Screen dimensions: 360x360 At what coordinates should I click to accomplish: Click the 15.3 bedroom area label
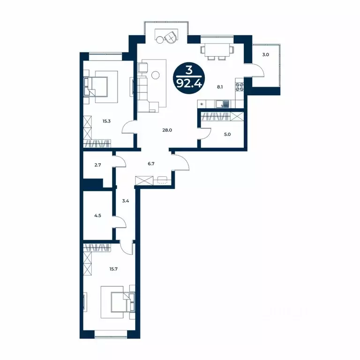tap(106, 121)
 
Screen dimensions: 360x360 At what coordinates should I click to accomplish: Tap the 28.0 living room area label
tap(167, 130)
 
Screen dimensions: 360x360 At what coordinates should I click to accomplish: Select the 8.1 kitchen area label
tap(220, 87)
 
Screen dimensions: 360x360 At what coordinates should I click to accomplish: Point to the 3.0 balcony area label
tap(266, 55)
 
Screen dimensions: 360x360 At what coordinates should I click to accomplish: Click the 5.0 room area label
tap(227, 135)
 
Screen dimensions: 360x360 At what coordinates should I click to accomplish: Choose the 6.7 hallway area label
tap(151, 164)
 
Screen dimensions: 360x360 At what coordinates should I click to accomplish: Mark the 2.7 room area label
tap(98, 165)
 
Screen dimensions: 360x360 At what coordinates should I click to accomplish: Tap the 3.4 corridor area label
tap(125, 201)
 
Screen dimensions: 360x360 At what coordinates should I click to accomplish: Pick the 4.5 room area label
tap(97, 216)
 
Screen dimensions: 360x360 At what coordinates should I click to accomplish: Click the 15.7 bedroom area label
tap(113, 269)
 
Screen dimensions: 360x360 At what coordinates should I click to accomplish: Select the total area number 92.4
tap(189, 84)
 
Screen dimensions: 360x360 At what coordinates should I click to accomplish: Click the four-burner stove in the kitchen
tap(240, 87)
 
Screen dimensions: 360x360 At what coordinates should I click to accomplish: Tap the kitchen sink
tap(222, 104)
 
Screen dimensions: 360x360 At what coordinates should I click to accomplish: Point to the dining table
tap(217, 50)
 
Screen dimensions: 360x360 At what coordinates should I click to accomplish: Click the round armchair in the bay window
tap(171, 37)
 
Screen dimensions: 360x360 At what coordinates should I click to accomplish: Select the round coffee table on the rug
tap(156, 75)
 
